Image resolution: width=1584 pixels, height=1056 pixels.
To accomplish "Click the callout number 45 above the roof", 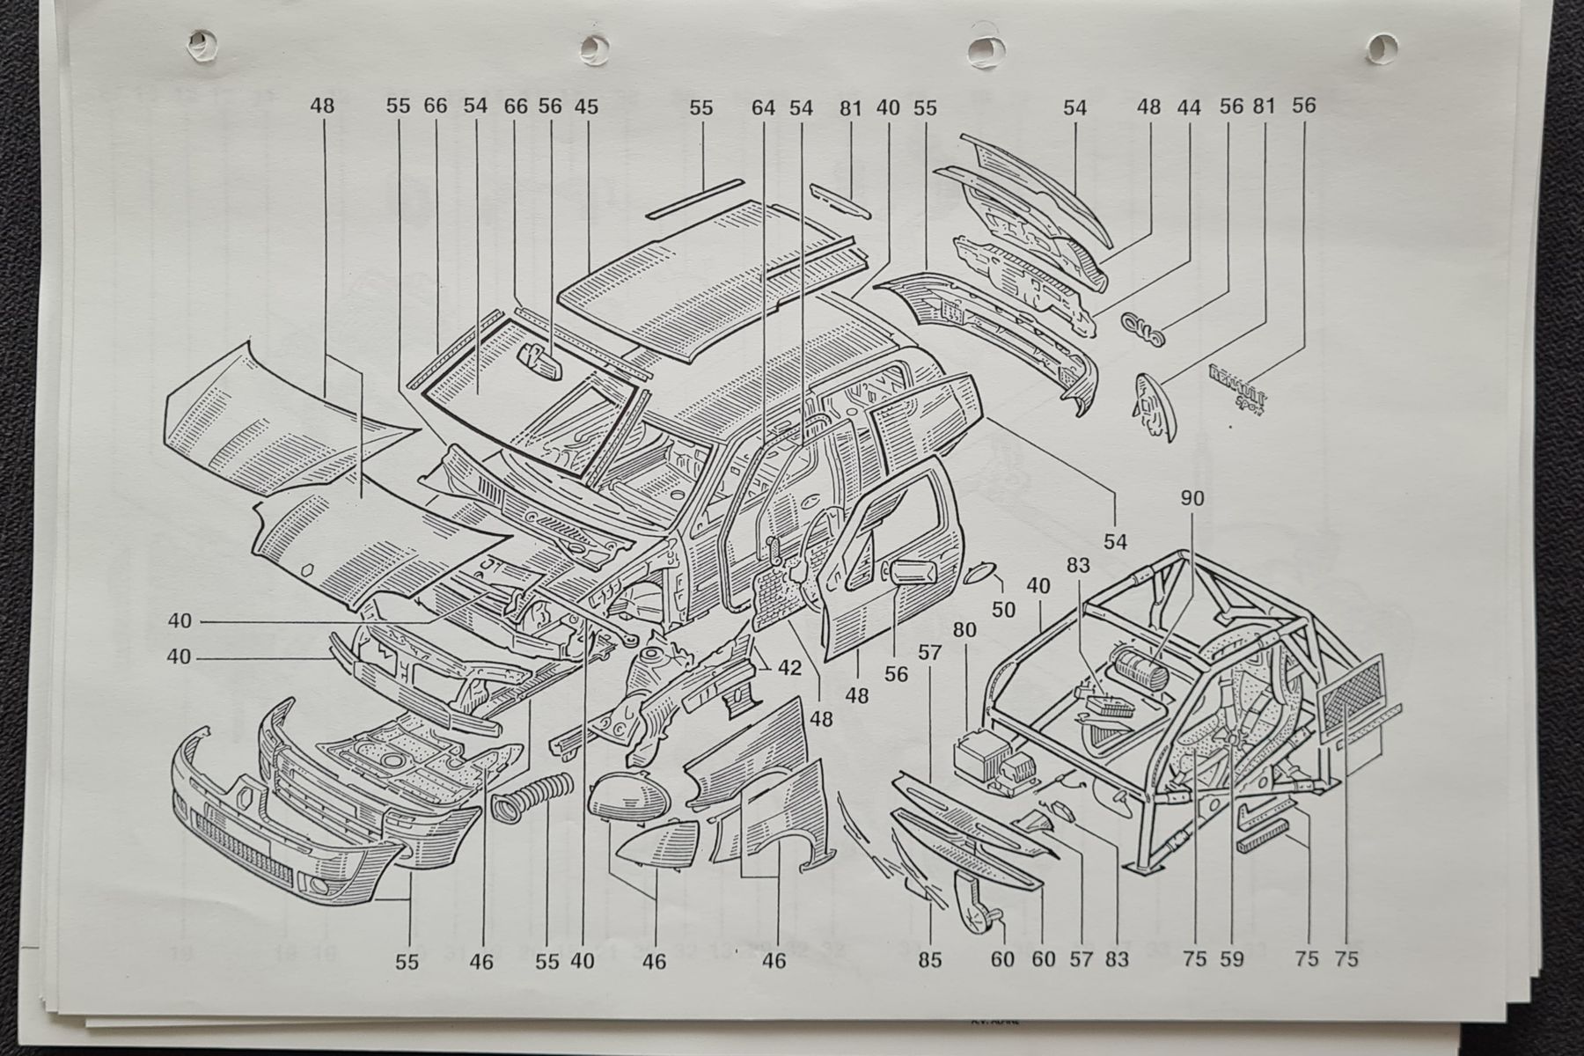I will click(x=586, y=106).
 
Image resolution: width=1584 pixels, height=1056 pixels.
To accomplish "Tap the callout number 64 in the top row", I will click(x=764, y=107).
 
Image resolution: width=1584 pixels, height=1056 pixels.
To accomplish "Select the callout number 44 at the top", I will click(x=1189, y=107).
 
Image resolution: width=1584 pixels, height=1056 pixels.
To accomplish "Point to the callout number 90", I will click(x=1192, y=498).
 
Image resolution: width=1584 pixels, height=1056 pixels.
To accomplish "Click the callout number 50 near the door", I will click(x=1003, y=609).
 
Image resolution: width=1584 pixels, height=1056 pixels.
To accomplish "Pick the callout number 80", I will click(x=964, y=631).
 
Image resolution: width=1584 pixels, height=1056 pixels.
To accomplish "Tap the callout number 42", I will click(x=789, y=668).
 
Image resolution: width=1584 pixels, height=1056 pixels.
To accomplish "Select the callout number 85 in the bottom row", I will click(x=929, y=958).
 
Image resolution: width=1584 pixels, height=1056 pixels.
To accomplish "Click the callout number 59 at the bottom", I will click(x=1232, y=958).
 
